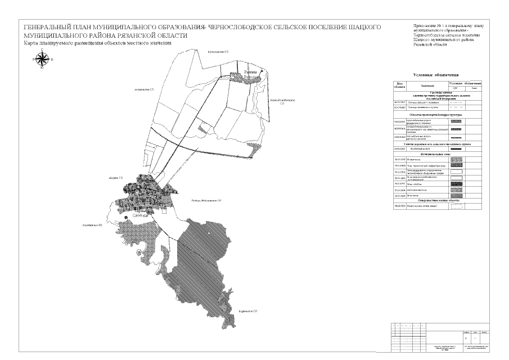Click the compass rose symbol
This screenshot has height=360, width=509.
tap(42, 60)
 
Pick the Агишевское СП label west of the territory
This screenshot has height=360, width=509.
tap(144, 89)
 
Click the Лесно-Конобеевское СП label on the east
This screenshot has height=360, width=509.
tap(282, 102)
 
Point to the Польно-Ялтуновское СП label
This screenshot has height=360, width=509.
tap(206, 200)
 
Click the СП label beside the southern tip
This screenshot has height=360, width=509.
tap(247, 310)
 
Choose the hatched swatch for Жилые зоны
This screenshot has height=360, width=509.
tap(456, 160)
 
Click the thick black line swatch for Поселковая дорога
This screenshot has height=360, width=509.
tap(456, 148)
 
